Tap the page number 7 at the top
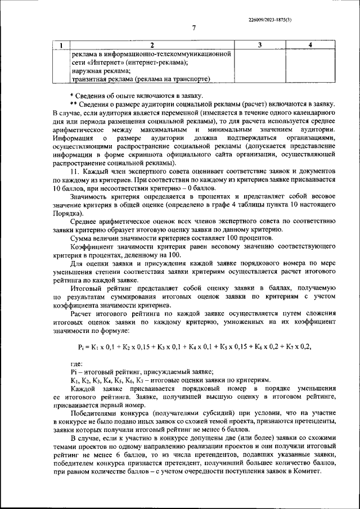[193, 29]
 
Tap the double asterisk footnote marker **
[73, 104]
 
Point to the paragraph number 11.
[74, 170]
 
